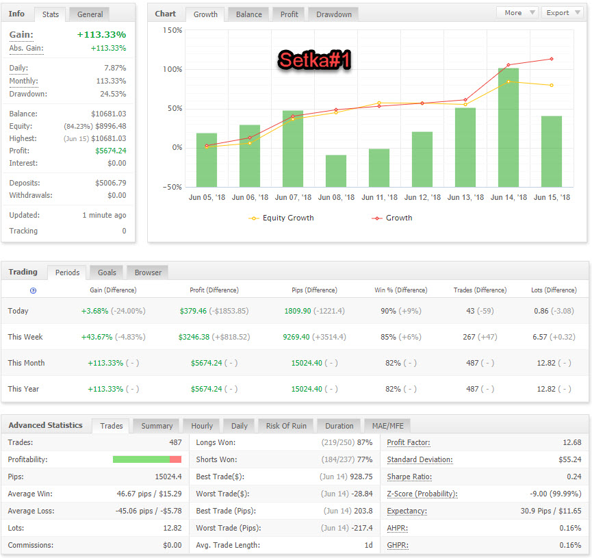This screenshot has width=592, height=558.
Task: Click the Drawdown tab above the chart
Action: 334,14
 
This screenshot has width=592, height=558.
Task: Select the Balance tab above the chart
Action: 249,14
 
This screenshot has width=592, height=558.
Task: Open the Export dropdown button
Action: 563,12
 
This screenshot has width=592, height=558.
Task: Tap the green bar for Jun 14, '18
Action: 509,128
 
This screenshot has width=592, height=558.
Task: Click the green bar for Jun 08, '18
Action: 336,170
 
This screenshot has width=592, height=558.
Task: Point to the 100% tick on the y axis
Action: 172,70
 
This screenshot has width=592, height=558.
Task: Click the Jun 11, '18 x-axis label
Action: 379,197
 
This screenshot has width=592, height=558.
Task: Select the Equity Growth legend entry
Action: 281,218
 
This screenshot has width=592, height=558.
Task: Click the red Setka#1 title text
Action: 315,60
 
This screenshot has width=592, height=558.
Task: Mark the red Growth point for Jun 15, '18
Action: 552,59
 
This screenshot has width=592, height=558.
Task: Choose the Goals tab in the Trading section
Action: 107,272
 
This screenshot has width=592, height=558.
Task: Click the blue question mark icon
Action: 34,290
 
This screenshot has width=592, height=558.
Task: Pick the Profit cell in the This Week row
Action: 214,337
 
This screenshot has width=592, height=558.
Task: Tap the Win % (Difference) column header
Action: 401,290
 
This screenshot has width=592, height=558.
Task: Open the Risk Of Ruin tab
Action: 286,426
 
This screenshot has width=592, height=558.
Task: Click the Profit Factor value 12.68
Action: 571,442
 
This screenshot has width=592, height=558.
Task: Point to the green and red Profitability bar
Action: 147,459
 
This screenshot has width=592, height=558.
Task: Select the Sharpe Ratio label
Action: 409,477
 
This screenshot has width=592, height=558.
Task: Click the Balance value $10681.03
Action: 109,114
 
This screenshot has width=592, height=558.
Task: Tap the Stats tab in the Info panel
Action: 50,14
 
